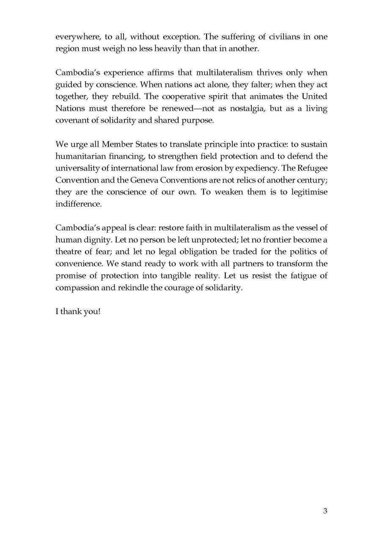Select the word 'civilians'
click(x=276, y=37)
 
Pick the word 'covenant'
click(x=72, y=120)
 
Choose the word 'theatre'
click(x=69, y=251)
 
